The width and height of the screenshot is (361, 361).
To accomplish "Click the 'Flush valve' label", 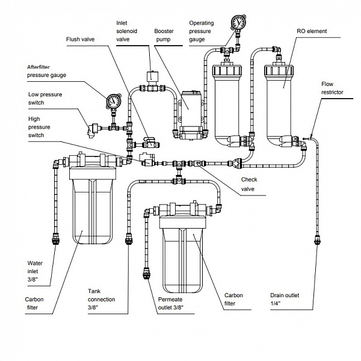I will pyautogui.click(x=80, y=39).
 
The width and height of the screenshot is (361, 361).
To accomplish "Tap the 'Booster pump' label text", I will pyautogui.click(x=164, y=35).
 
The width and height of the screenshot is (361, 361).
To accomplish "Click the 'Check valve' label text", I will pyautogui.click(x=249, y=183).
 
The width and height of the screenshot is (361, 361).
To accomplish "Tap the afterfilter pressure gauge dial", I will pyautogui.click(x=111, y=100).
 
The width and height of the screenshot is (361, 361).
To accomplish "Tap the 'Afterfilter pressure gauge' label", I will pyautogui.click(x=46, y=72).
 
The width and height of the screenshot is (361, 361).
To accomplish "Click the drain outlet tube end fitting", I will pyautogui.click(x=315, y=241).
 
